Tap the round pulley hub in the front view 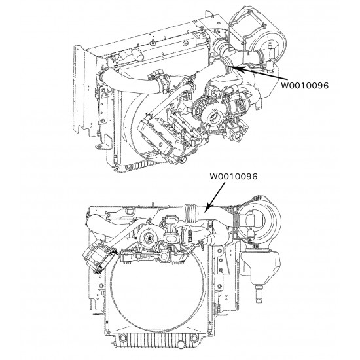coord(145,238)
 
